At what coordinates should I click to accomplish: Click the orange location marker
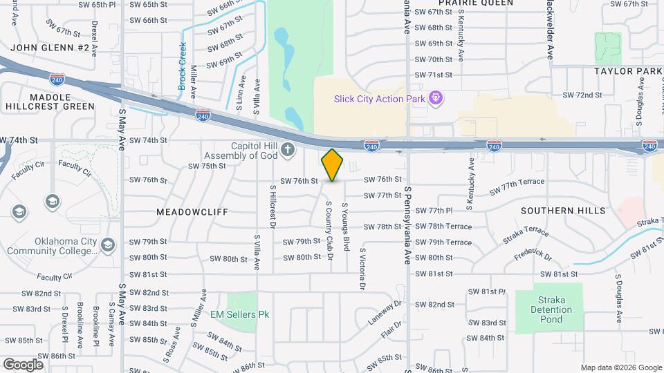point(333,165)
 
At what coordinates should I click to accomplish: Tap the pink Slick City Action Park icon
point(435,98)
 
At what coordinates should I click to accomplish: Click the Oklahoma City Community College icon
point(107,245)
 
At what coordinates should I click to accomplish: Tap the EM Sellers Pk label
point(239,314)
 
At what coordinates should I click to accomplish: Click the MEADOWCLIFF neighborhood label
point(192,212)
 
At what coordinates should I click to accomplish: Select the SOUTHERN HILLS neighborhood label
point(563,210)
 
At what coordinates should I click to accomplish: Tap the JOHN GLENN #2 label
point(50,48)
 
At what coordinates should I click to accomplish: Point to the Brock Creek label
point(183,66)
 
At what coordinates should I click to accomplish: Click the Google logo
point(23,364)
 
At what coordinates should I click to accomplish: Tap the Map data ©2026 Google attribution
point(620,367)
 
